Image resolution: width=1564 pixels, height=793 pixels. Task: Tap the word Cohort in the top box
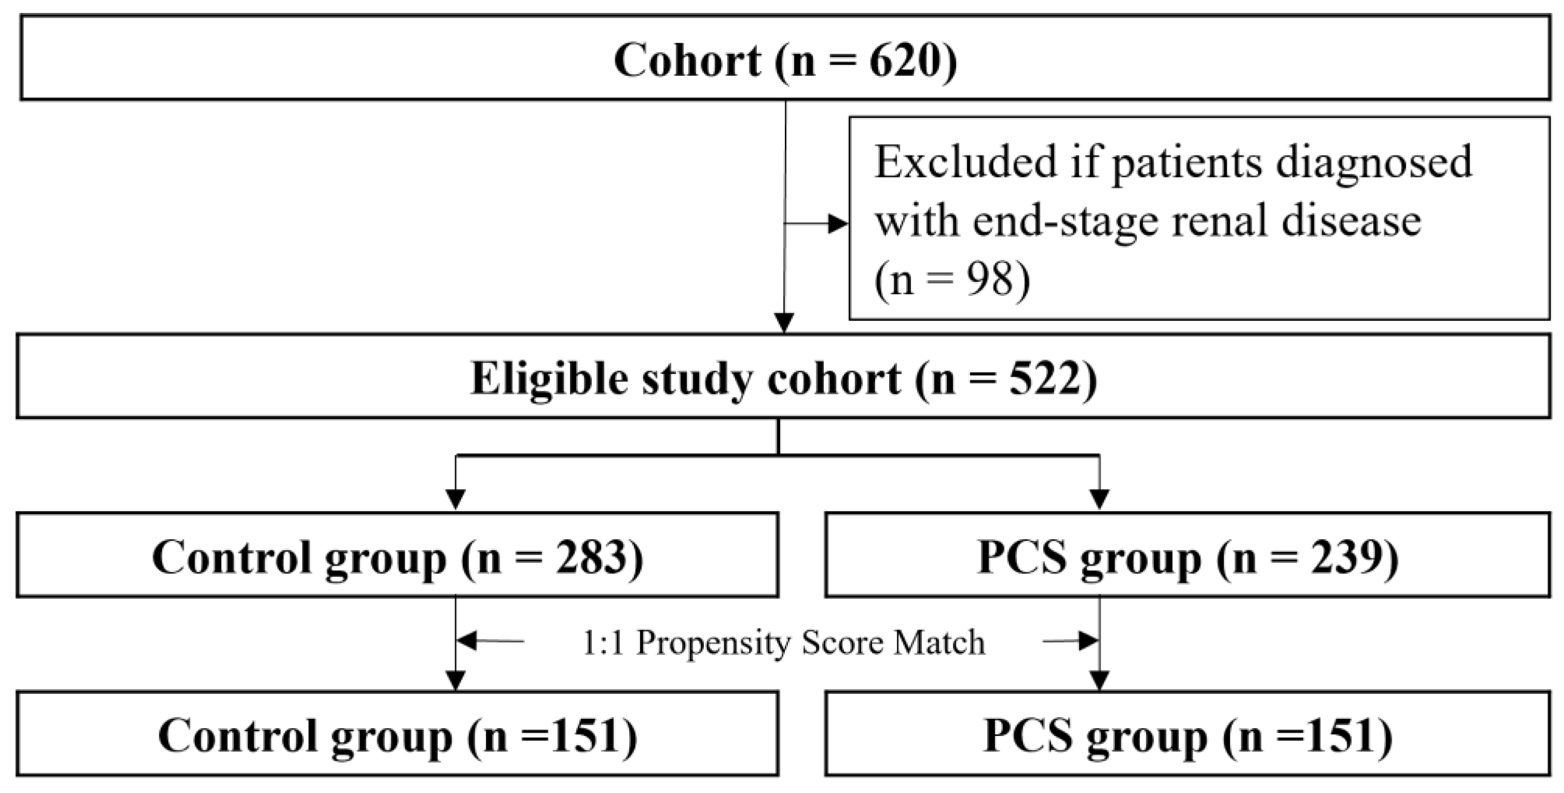click(687, 61)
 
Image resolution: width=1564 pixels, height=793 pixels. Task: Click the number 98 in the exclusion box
click(990, 280)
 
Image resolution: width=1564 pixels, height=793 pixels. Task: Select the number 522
click(1045, 379)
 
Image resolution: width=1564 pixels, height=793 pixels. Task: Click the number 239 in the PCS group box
click(1347, 557)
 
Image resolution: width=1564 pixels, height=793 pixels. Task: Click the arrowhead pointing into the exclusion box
click(838, 224)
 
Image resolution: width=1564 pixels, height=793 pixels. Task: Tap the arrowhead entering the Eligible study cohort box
click(784, 323)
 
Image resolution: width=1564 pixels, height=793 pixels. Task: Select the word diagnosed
click(1373, 163)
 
